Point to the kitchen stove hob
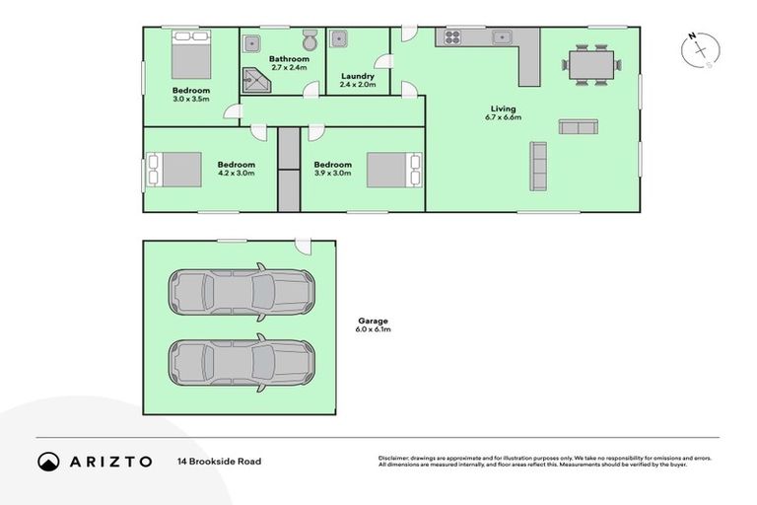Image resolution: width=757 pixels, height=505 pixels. (452, 37)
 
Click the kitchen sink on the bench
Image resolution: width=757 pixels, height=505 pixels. (502, 38)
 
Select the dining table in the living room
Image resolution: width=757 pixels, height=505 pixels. (591, 65)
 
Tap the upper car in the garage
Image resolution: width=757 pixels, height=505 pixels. (241, 290)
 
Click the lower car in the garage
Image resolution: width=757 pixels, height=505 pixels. (241, 362)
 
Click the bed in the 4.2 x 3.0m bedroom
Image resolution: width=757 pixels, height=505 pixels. (174, 169)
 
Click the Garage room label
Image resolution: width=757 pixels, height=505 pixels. (374, 321)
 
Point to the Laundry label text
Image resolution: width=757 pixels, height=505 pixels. (357, 76)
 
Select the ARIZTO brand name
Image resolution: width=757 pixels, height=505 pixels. (109, 461)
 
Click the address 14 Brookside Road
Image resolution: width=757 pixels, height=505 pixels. (219, 461)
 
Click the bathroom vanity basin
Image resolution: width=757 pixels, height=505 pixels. (252, 42)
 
